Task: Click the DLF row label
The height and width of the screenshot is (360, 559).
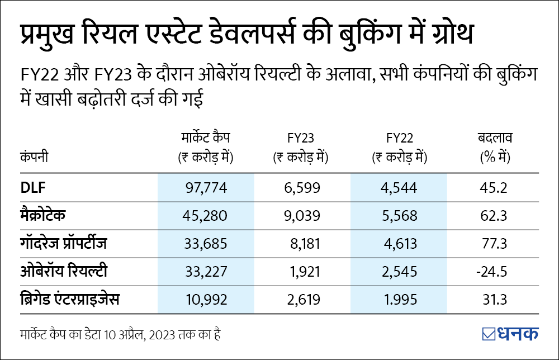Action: [31, 188]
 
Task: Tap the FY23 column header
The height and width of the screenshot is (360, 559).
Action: [300, 138]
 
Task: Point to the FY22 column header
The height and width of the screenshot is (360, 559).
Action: [399, 138]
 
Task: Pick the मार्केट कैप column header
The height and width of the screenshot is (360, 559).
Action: [206, 138]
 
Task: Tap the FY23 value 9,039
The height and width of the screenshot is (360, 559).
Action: [303, 216]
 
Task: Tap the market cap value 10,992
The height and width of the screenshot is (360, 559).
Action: [206, 300]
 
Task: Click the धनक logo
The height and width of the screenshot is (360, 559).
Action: [510, 334]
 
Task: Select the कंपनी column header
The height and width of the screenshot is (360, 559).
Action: [34, 158]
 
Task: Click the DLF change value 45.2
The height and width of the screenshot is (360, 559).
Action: [493, 188]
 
